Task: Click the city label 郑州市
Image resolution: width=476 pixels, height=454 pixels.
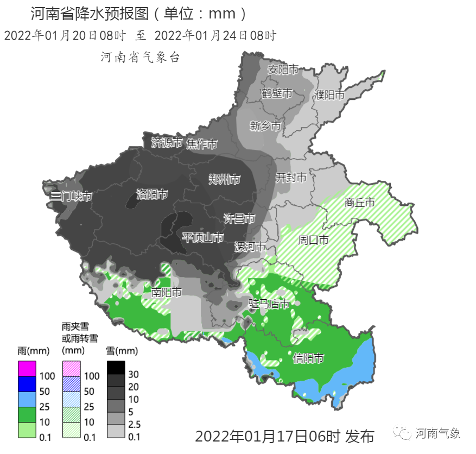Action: coord(225,180)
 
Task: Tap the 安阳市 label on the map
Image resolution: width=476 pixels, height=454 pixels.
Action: coord(283,70)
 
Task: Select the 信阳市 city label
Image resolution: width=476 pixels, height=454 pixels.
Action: coord(308,358)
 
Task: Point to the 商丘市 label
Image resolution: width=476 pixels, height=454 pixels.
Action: coord(360,203)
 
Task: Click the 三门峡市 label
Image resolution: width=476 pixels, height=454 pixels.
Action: coord(71,197)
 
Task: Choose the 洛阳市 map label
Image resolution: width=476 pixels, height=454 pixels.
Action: coord(152,194)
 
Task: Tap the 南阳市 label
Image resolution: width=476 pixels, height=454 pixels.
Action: coord(167,292)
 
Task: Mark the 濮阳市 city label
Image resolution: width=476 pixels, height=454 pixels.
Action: coord(329,95)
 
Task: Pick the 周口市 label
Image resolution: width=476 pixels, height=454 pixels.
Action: coord(313,239)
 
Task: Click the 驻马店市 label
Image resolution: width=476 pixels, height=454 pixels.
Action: coord(269,304)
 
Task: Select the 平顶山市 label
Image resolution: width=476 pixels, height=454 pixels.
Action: coord(202,237)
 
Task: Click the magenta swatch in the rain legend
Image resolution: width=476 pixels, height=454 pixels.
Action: coord(27,368)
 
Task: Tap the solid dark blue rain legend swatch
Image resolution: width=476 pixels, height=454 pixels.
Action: coord(27,384)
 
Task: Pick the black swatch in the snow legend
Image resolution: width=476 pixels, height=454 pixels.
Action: coord(116,368)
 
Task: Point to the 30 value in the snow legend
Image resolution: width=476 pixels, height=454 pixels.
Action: coord(134,375)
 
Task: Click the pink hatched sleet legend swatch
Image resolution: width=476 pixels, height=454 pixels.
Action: coord(71,368)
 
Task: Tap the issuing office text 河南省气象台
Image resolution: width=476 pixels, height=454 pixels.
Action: coord(140,57)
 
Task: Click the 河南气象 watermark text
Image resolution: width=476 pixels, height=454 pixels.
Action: coord(437,433)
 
